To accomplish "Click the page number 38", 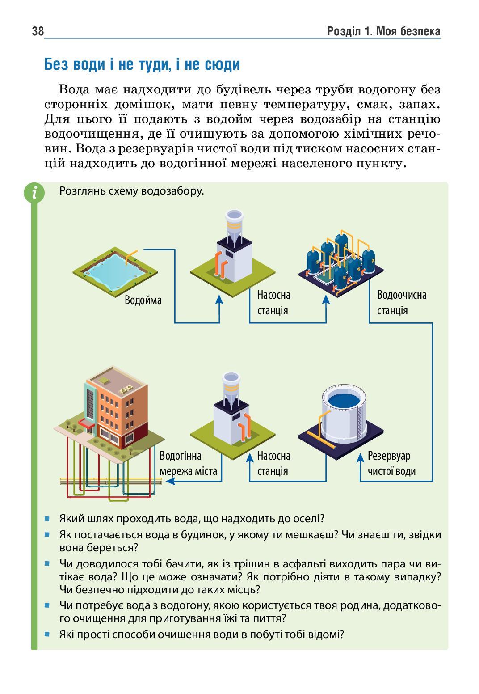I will point(38,32).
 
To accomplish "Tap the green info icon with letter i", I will point(34,193).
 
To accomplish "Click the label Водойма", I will point(143,300).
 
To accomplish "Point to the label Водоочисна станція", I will point(401,302).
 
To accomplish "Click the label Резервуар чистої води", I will point(391,463).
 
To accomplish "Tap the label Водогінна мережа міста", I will point(188,463).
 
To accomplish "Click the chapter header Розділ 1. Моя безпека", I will point(383,32).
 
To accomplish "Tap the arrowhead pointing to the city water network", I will point(169,481).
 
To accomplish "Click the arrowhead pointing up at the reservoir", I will point(361,458).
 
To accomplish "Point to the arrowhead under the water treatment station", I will point(326,298).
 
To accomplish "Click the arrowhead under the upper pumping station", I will point(219,298).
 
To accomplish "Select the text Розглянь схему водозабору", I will point(131,191).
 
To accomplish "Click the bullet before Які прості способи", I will point(47,634).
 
